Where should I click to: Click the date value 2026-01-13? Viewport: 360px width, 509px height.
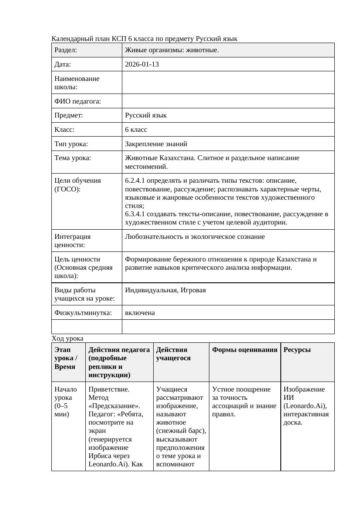141,64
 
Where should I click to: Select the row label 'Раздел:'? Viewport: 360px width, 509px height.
66,50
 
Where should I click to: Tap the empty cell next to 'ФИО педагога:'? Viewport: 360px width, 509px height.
228,101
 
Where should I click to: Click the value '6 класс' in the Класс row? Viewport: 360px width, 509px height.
136,130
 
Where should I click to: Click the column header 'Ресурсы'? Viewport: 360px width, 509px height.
297,350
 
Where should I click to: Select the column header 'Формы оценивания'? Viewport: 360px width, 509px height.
245,350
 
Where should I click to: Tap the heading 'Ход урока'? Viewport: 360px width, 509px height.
67,338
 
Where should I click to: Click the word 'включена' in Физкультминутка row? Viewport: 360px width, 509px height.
140,313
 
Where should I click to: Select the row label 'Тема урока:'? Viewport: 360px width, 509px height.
73,158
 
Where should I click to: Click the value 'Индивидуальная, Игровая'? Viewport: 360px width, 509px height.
165,290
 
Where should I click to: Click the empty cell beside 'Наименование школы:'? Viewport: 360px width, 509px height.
228,83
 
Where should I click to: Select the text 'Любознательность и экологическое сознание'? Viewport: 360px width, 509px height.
195,237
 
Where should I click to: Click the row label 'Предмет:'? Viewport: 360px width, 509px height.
69,115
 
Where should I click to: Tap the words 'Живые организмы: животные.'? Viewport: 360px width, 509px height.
172,50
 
